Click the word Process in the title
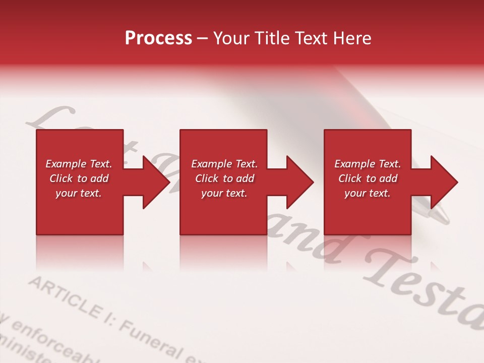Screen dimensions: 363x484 [158, 38]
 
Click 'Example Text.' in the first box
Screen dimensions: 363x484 [79, 164]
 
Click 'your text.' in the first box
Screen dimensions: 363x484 [79, 193]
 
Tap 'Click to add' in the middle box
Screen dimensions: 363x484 [224, 178]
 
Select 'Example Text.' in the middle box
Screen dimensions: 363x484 [224, 164]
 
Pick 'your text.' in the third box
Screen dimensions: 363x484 [368, 193]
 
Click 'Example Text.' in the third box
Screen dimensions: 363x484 [368, 164]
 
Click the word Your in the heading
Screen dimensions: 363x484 [231, 38]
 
